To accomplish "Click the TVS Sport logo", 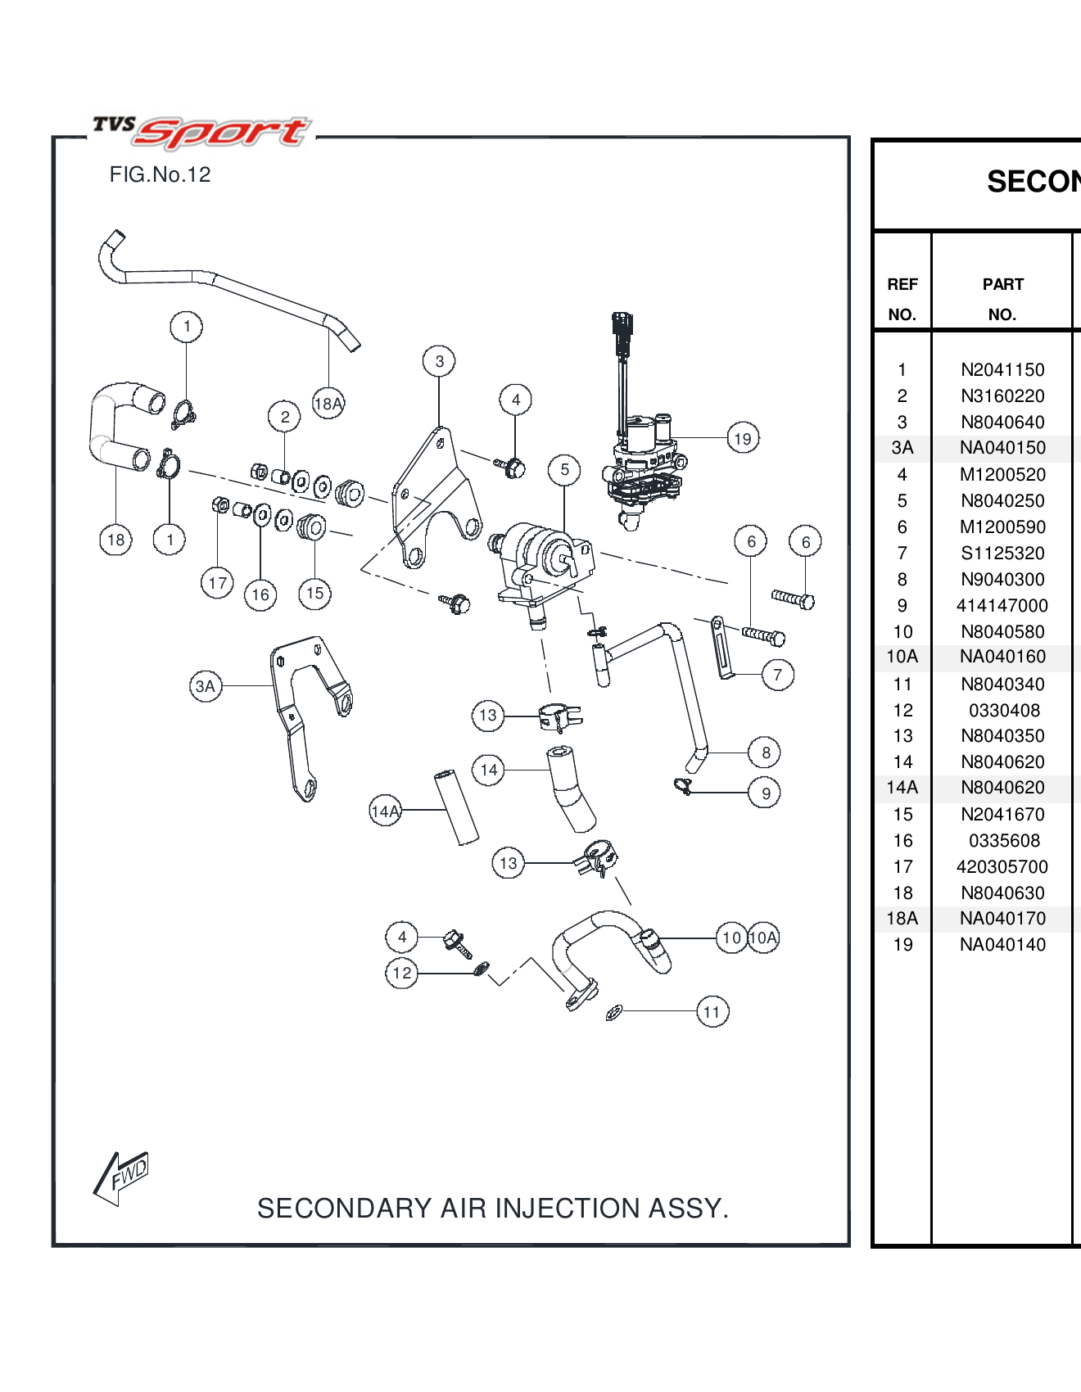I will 201,131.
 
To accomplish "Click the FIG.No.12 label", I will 160,174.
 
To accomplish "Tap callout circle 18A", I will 328,403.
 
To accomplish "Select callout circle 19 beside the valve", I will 743,438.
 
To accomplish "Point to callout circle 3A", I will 206,686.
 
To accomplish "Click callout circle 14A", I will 385,811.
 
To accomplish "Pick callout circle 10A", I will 763,938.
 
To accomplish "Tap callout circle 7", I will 777,675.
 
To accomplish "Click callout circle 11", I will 712,1012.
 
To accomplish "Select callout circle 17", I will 217,583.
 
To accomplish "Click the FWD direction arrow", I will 123,1176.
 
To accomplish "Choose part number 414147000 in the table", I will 1002,606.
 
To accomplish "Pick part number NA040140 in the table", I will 1002,945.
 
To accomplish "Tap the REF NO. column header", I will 902,299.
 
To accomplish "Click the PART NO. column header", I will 1002,299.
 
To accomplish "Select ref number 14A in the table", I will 902,788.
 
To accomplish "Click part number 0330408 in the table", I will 1004,711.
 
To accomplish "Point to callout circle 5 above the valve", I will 564,469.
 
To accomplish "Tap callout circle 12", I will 401,973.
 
